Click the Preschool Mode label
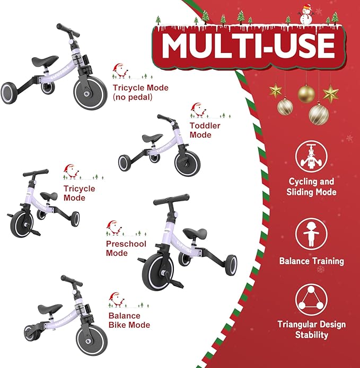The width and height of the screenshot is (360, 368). [126, 249]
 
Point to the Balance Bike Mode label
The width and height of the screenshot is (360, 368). [129, 320]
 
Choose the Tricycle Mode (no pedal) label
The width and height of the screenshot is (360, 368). [140, 92]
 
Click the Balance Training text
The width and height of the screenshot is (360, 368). [311, 261]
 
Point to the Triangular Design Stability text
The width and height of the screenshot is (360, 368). [311, 329]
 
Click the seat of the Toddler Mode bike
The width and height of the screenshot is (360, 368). [152, 138]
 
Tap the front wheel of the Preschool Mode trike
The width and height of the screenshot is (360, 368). [158, 272]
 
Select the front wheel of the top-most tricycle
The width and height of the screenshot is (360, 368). [91, 90]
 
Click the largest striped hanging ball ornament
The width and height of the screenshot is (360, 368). [319, 113]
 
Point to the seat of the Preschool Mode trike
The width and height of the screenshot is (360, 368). [195, 234]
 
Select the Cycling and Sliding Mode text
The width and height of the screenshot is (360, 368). [311, 187]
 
